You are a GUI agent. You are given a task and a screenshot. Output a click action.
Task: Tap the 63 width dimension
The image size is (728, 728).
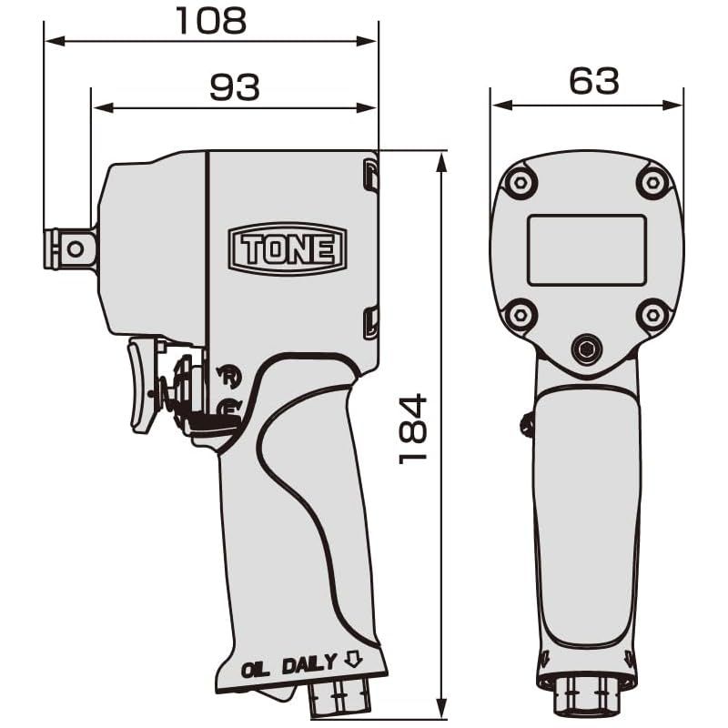point(593,81)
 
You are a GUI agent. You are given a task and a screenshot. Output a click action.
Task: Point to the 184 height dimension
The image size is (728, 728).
point(413,428)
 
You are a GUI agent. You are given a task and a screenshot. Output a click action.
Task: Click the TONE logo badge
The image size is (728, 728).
point(287,248)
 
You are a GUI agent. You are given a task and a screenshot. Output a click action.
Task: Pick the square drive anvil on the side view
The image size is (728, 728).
point(70,248)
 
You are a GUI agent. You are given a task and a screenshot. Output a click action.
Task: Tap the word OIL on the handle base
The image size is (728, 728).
point(257,669)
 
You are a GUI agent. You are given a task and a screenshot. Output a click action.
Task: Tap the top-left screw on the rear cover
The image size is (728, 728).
point(520,183)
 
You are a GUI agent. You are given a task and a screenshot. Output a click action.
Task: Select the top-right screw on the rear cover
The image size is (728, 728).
point(653,183)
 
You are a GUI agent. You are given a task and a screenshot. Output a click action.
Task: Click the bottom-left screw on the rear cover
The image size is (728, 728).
point(520,315)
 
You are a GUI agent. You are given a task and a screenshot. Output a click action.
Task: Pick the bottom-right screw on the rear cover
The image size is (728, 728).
point(652,315)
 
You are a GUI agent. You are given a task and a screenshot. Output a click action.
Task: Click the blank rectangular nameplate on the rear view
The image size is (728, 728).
point(586,249)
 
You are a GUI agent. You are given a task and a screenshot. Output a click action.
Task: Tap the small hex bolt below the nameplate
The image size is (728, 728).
point(586,349)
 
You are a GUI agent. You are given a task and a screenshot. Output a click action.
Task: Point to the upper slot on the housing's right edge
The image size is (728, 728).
point(370,175)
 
